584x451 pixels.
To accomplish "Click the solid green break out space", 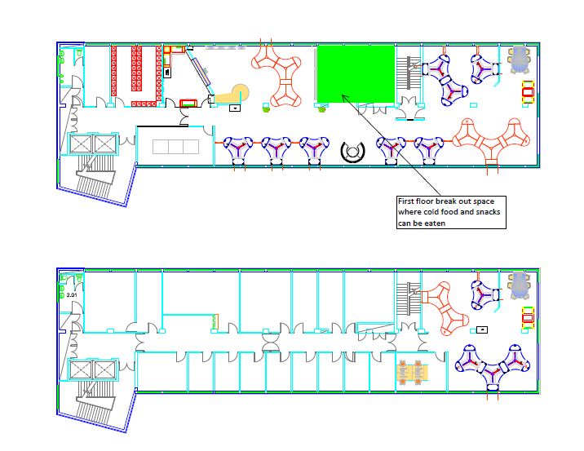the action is (356, 73).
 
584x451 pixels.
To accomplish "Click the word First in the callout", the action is (406, 201).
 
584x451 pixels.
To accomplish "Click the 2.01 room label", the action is (72, 295).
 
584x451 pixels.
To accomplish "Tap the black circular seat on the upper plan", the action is (352, 152).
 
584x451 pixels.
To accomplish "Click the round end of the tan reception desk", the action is (240, 91).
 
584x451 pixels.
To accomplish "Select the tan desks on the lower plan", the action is (412, 371).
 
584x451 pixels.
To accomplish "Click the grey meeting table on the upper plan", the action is (519, 60).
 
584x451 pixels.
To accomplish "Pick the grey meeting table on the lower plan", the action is (519, 285).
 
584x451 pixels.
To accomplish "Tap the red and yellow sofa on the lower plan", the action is (528, 318).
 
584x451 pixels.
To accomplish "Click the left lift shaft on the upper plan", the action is (81, 144).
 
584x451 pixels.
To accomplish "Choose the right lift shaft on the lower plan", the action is (105, 369).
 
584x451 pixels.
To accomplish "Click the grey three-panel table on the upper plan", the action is (176, 147).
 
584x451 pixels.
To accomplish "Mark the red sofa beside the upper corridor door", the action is (189, 103).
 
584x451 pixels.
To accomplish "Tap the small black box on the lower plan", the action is (482, 329).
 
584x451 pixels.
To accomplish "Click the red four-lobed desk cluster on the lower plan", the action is (445, 308).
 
